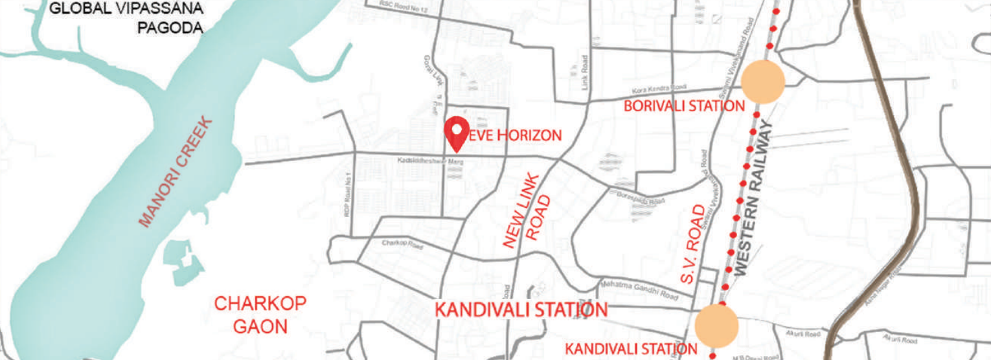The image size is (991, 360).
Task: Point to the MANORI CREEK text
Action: pyautogui.click(x=176, y=172)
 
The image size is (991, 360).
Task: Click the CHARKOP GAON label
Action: pyautogui.click(x=260, y=315)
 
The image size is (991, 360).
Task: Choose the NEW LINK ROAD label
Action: pyautogui.click(x=528, y=210)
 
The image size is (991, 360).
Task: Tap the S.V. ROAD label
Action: pyautogui.click(x=693, y=244)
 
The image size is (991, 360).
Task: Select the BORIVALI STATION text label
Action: pyautogui.click(x=684, y=106)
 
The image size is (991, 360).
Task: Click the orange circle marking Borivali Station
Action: pyautogui.click(x=763, y=82)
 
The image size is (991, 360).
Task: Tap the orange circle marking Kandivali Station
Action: pyautogui.click(x=717, y=326)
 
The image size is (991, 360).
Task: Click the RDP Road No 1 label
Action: pyautogui.click(x=348, y=194)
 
